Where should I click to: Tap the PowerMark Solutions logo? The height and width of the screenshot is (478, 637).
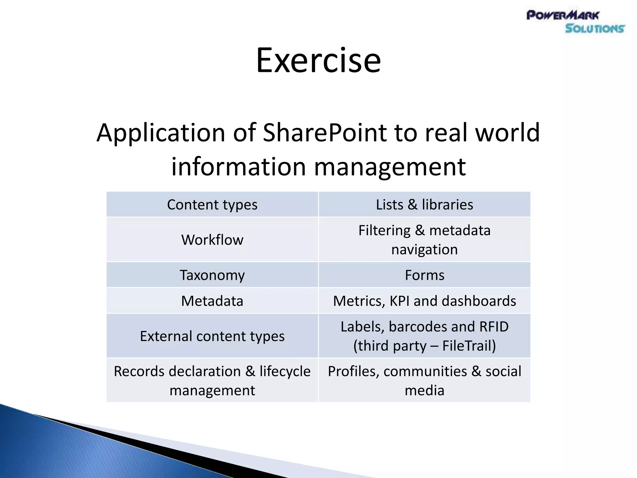tap(575, 22)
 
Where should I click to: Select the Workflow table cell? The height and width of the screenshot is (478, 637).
tap(212, 240)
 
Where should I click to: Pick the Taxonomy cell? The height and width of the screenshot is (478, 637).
tap(212, 275)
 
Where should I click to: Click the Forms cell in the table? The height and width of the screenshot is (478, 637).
tap(425, 275)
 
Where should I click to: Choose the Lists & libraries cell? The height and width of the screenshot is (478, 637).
tap(425, 205)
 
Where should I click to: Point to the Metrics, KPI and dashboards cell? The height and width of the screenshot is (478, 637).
tap(425, 301)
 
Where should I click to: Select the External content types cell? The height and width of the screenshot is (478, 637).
tap(212, 336)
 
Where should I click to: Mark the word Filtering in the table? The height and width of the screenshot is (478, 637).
tap(384, 231)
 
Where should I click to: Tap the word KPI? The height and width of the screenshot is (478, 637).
tap(399, 301)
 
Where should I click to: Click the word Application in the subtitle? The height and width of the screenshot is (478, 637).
tap(160, 133)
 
